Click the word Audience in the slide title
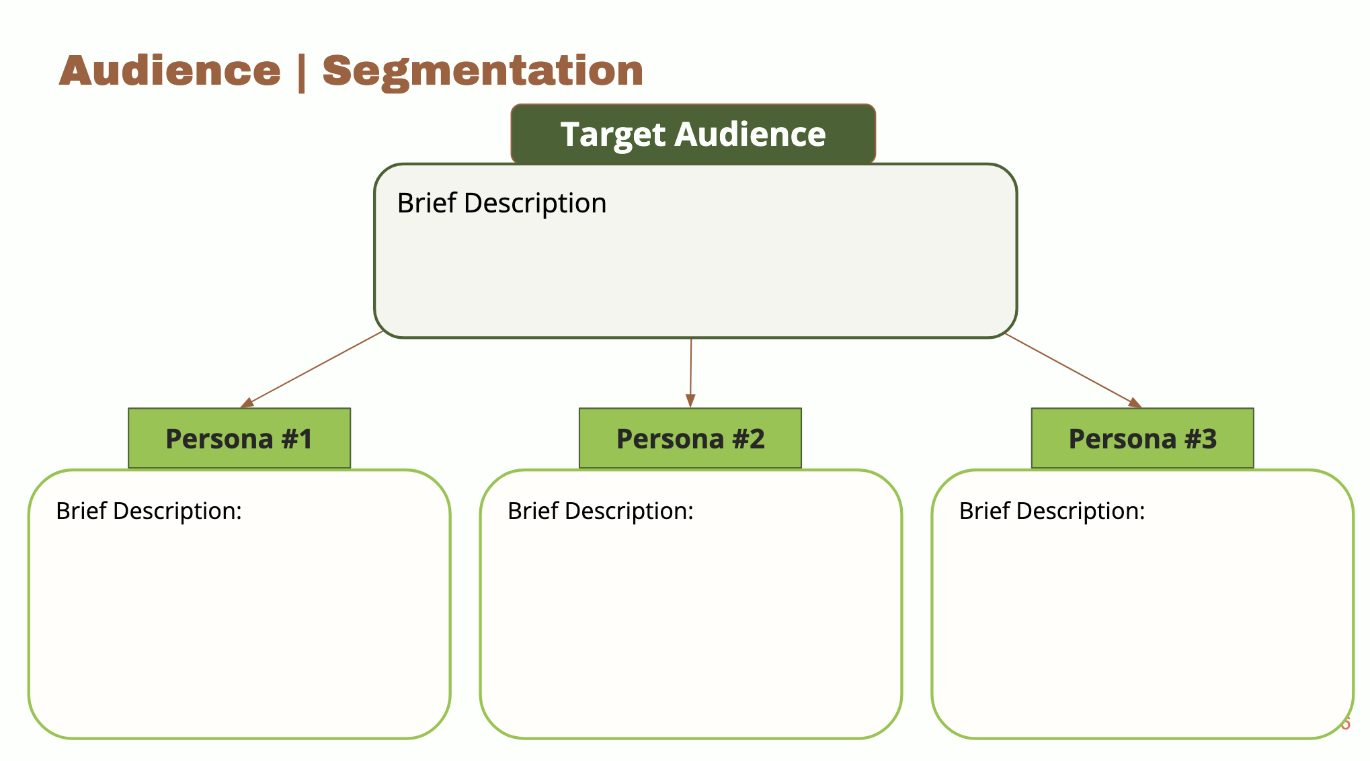(x=169, y=71)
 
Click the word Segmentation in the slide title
(x=483, y=71)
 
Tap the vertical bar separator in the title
(x=301, y=72)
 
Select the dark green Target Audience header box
(x=693, y=134)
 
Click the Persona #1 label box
(x=239, y=438)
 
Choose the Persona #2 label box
(x=690, y=438)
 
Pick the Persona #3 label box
(x=1142, y=438)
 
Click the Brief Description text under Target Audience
(x=501, y=203)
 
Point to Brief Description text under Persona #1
(x=149, y=511)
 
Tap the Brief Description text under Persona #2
(x=600, y=511)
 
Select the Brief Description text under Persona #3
(x=1052, y=511)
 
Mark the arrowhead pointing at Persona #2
(x=690, y=400)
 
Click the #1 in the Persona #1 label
(x=297, y=439)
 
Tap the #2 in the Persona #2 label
(x=748, y=439)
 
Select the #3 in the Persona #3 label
(x=1200, y=439)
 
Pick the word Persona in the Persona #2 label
(x=670, y=439)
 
